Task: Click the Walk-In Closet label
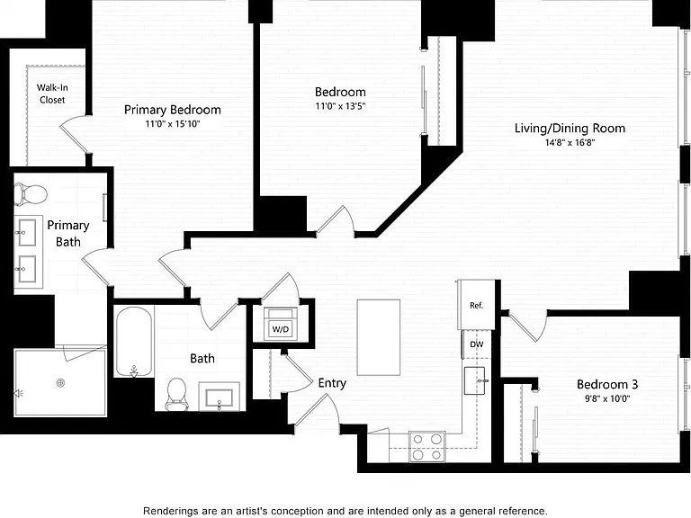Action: pos(52,94)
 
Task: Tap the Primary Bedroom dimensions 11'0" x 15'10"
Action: pos(173,124)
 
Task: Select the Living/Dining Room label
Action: pos(570,129)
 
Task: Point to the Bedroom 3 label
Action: pos(607,384)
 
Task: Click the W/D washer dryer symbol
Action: pos(281,324)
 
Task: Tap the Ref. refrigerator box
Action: pos(476,305)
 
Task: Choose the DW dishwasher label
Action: pos(476,344)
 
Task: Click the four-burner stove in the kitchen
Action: pos(427,446)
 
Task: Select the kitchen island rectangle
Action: pos(379,337)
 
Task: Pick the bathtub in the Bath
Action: pos(134,342)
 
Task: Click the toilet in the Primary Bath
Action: pos(31,194)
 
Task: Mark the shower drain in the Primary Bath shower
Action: pos(61,383)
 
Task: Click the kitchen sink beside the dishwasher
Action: pos(475,380)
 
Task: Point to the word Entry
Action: pos(332,383)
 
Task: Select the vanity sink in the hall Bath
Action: pos(219,397)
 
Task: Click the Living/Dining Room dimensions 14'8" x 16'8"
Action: pos(570,142)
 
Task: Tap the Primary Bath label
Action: pos(68,234)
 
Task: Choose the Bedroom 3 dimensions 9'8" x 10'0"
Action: pos(607,398)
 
